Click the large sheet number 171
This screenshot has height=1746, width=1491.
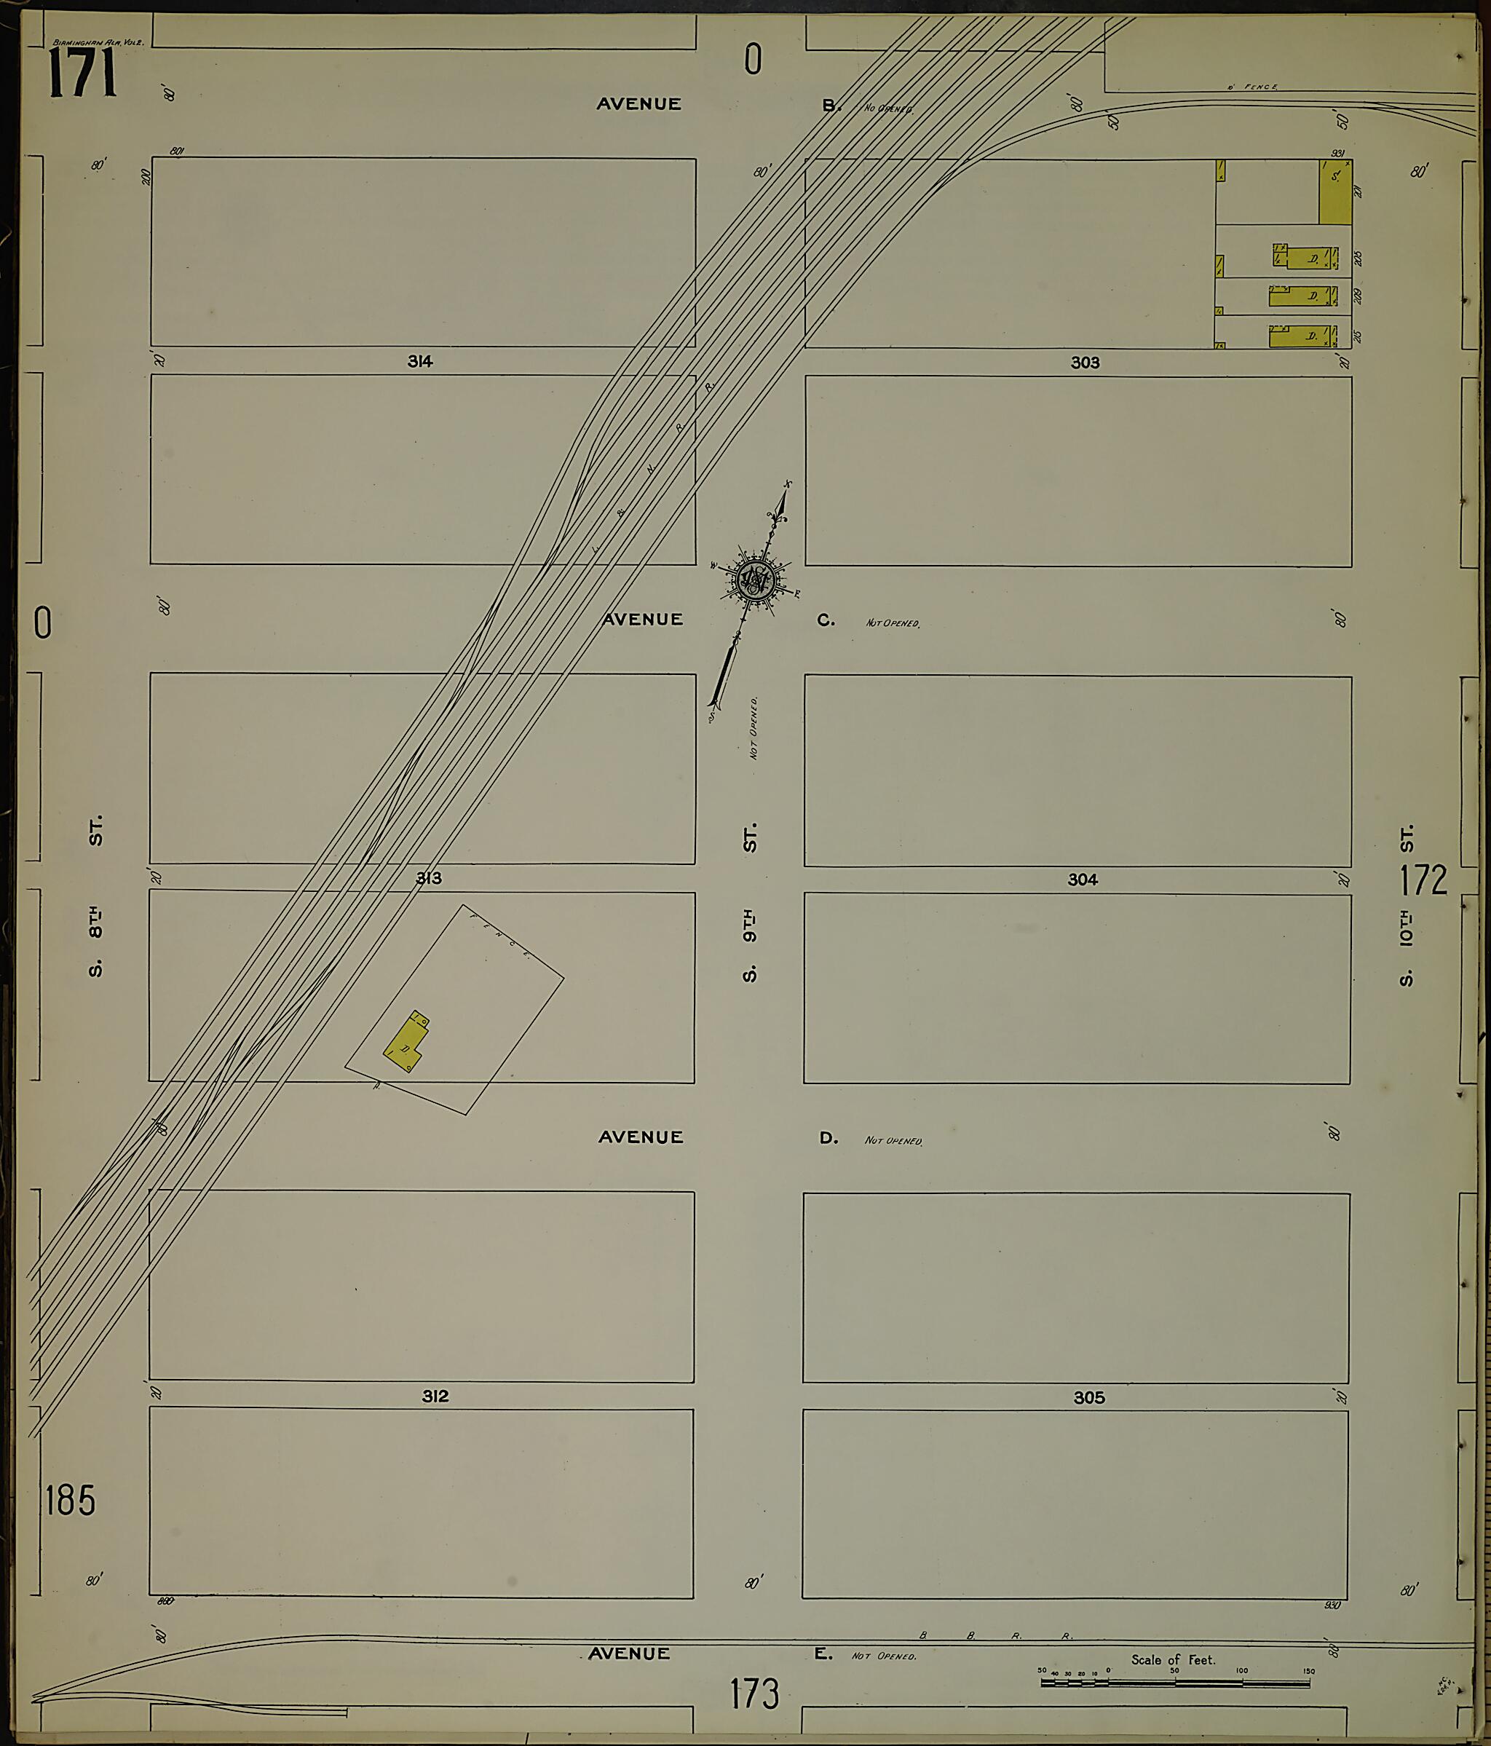tap(82, 74)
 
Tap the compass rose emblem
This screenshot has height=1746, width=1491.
tap(756, 580)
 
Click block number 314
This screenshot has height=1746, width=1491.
tap(419, 361)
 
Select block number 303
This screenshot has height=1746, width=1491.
tap(1084, 363)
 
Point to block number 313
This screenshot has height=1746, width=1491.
tap(428, 878)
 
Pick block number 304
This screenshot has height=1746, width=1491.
tap(1083, 879)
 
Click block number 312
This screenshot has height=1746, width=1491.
tap(435, 1397)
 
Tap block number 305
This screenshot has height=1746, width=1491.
tap(1088, 1397)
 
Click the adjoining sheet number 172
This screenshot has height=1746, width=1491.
tap(1423, 880)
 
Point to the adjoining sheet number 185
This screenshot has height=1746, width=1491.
tap(70, 1501)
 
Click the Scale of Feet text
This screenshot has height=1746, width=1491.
tap(1173, 1659)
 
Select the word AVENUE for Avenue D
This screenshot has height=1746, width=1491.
tap(640, 1137)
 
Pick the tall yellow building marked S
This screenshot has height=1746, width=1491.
tap(1334, 192)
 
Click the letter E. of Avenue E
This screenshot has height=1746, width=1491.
tap(823, 1654)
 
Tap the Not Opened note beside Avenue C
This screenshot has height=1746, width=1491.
tap(892, 623)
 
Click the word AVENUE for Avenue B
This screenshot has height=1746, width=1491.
tap(638, 103)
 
